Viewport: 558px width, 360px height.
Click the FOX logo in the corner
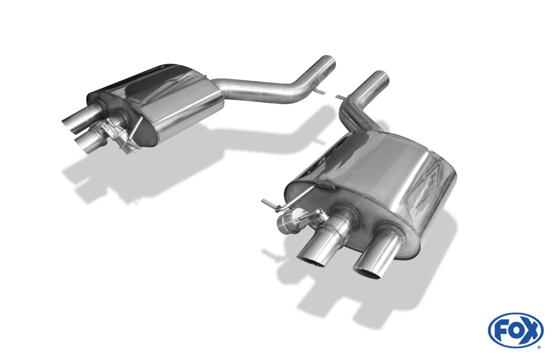[x=516, y=330]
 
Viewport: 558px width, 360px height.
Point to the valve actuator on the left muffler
[x=117, y=137]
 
